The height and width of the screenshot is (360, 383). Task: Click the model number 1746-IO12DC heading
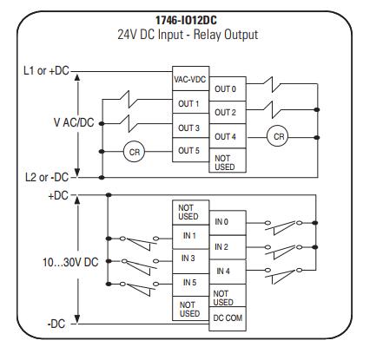coord(186,21)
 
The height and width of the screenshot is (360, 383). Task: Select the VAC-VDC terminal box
coord(190,79)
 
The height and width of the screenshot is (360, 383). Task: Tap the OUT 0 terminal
coord(228,89)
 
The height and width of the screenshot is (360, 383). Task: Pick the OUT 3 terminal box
coord(190,126)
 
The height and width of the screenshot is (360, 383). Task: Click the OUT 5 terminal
coord(190,150)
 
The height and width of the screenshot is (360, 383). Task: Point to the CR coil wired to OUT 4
coord(277,136)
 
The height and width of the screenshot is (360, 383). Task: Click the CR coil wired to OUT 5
coord(134,152)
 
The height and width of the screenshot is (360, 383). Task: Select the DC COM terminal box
coord(228,318)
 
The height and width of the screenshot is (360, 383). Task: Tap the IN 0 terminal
coord(228,223)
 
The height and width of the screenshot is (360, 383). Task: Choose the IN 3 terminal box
coord(190,261)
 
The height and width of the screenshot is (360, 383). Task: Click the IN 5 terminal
coord(190,285)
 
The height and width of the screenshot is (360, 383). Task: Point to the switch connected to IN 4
coord(284,275)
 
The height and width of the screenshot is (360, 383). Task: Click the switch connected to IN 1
coord(140,244)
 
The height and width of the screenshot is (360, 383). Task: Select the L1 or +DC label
coord(46,71)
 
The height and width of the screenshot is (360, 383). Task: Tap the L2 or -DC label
coord(47,177)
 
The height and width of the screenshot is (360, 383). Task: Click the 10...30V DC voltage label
coord(70,262)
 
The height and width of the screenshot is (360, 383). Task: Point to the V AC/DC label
coord(74,122)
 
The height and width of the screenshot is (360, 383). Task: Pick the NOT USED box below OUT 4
coord(228,160)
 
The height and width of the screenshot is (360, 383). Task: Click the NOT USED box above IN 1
coord(190,213)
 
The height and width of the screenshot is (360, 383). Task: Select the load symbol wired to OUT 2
coord(272,110)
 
